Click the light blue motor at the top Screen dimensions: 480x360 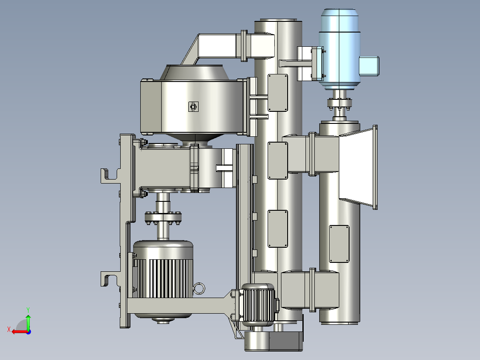[339, 49]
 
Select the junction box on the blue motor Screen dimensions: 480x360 [369, 66]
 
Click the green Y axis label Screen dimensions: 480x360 [28, 310]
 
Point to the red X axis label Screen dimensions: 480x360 [9, 330]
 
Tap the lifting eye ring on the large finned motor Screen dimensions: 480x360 [199, 288]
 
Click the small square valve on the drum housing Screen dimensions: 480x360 [193, 106]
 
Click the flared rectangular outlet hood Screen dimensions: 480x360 [358, 167]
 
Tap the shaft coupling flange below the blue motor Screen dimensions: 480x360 [339, 103]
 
